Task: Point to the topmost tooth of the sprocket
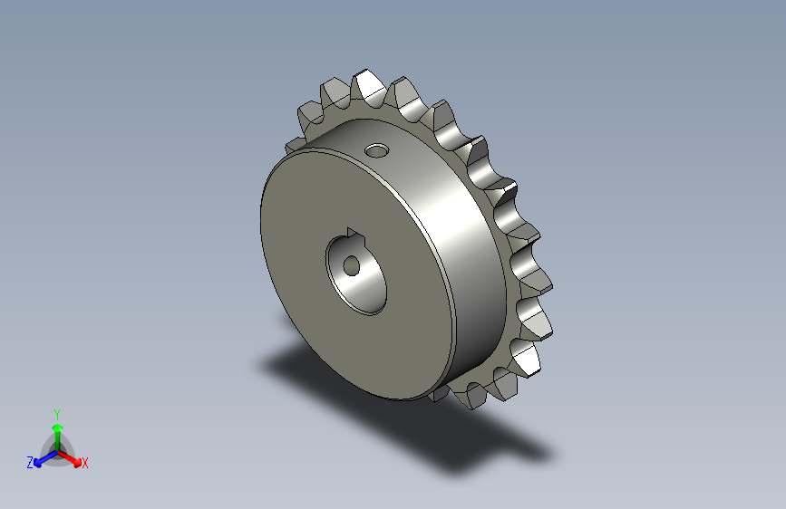point(367,83)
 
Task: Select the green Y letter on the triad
point(57,412)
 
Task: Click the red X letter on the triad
point(85,464)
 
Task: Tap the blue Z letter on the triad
point(30,463)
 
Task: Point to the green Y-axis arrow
point(57,431)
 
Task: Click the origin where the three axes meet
point(57,449)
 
